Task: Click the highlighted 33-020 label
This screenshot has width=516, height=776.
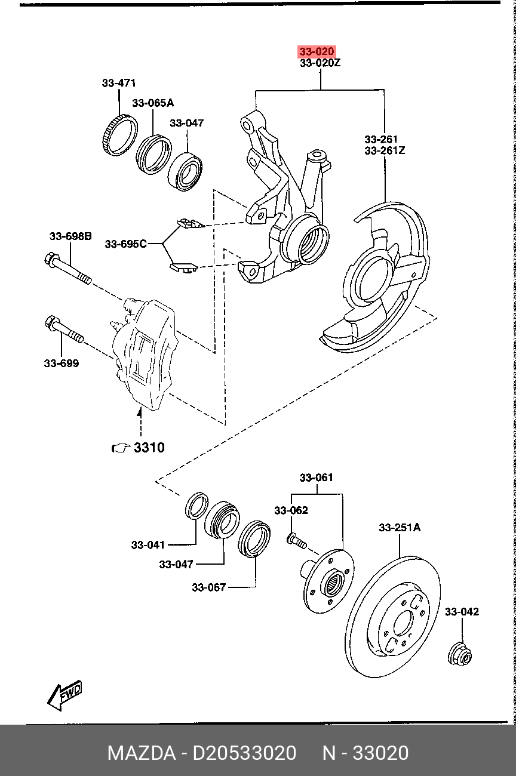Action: [317, 51]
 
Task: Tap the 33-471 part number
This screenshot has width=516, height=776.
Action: [118, 83]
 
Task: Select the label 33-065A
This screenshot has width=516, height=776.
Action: [153, 103]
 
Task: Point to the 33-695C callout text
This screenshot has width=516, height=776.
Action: [126, 244]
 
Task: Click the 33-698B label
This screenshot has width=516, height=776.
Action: [70, 236]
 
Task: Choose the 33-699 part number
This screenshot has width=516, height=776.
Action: [62, 363]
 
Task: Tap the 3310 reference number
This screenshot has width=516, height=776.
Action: [149, 448]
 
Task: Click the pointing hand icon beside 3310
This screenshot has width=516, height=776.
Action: [121, 448]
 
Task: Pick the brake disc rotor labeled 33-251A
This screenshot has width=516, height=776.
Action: [393, 617]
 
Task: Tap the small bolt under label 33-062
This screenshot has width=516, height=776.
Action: [297, 541]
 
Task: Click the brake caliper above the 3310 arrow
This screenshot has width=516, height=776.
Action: [143, 353]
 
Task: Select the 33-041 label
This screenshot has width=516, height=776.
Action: [148, 545]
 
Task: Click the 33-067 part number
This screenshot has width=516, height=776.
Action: [208, 587]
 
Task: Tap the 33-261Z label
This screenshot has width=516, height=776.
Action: [385, 150]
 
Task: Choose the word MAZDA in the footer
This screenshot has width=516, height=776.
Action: [142, 753]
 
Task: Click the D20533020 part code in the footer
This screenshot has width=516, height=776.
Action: [244, 753]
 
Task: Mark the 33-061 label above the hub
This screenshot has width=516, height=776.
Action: [316, 478]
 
